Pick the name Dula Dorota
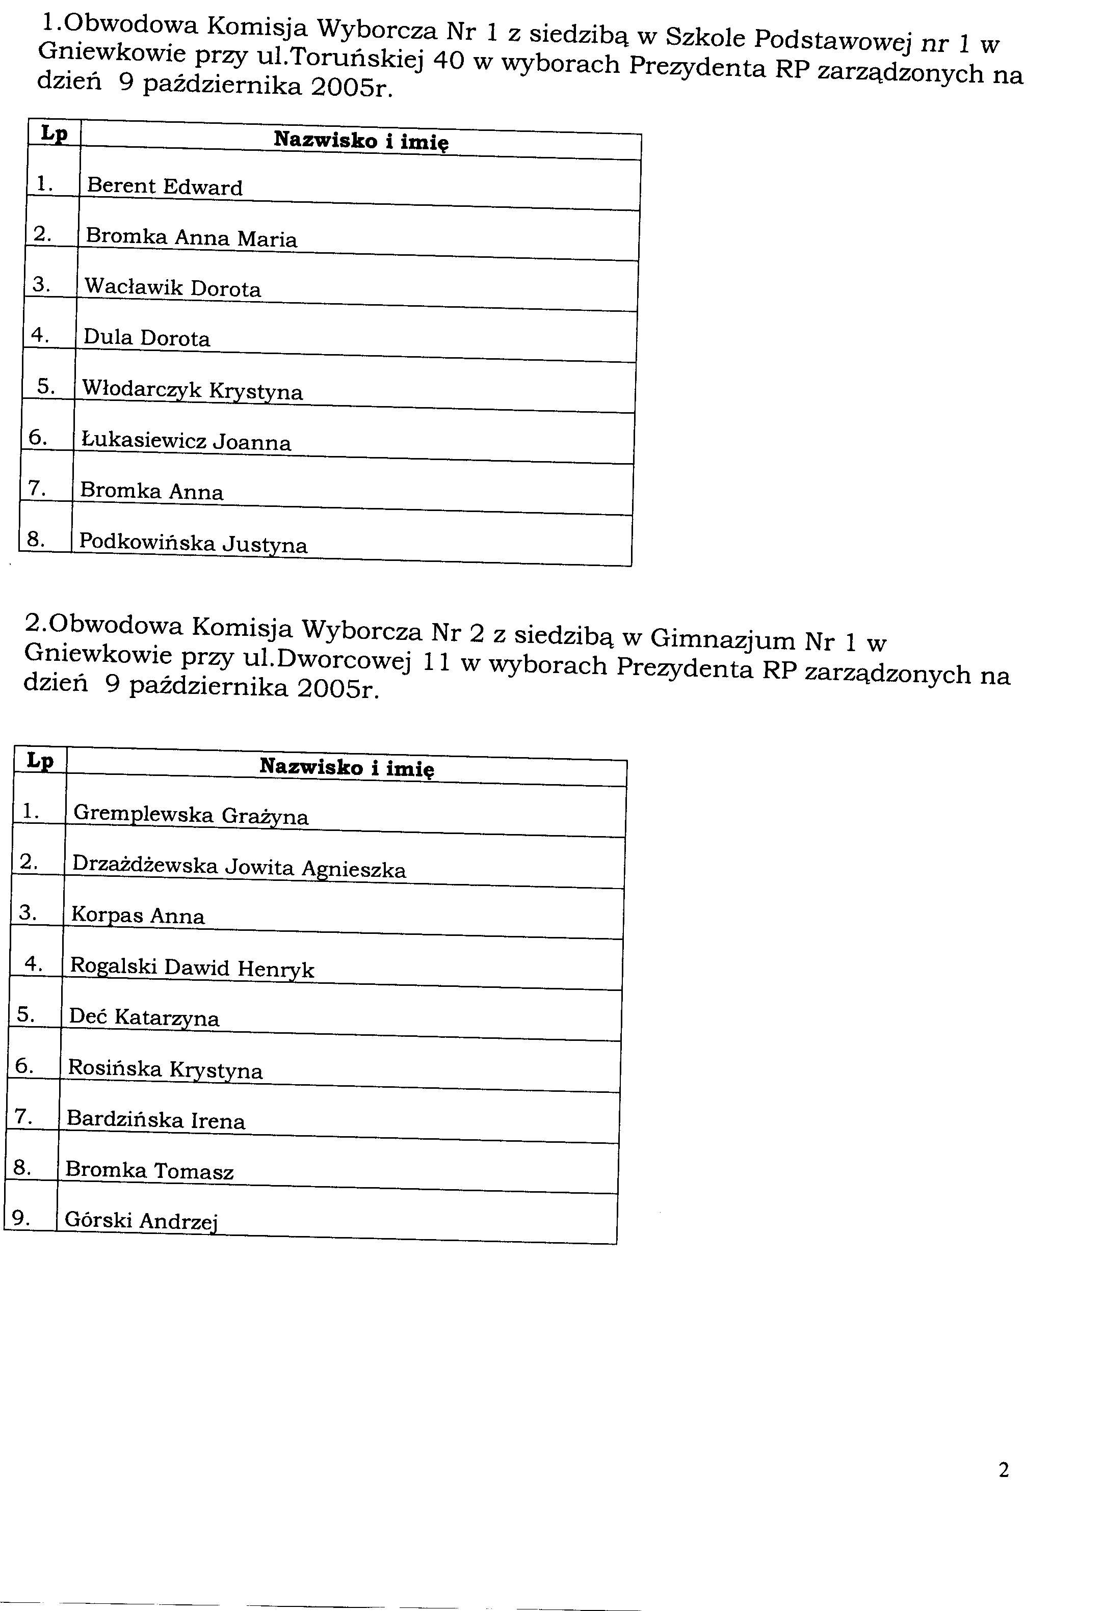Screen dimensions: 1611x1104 [146, 338]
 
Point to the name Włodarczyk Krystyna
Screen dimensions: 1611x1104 [192, 390]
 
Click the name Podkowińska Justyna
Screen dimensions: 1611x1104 [193, 543]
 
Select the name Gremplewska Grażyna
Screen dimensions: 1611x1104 [190, 815]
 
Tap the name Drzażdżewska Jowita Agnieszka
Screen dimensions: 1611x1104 [239, 867]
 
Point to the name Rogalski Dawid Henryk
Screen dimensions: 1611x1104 [192, 968]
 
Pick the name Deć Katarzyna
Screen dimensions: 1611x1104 [144, 1017]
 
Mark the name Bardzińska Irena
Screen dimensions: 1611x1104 [155, 1120]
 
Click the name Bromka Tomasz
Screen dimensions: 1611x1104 [149, 1171]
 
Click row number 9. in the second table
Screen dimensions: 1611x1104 [21, 1218]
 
